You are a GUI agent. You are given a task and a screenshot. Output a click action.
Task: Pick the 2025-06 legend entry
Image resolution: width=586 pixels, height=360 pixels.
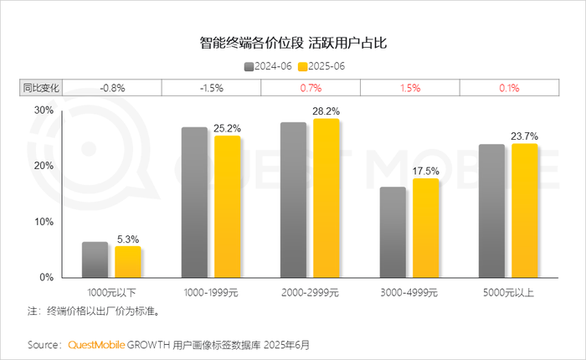[324, 64]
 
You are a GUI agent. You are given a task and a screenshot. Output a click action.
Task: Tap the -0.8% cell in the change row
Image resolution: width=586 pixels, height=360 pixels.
[112, 87]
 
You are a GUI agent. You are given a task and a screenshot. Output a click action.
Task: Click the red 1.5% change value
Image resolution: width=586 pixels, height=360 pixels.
[409, 87]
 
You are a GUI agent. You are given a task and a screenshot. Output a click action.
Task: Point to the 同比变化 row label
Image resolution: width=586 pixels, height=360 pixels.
[41, 87]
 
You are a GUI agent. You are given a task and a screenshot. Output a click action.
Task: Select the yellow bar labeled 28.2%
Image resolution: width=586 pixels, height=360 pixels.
[326, 198]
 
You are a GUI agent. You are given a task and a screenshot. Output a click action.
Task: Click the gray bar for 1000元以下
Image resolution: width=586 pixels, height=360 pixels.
[95, 260]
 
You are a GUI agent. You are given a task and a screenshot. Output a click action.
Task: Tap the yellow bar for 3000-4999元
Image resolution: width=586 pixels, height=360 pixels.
[425, 227]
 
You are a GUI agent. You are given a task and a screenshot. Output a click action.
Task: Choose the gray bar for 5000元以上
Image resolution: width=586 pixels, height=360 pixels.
[491, 210]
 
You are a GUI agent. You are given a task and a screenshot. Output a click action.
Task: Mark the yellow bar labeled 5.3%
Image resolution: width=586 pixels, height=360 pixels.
[128, 261]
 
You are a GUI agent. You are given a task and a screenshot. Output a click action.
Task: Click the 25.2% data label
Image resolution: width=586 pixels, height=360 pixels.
[229, 128]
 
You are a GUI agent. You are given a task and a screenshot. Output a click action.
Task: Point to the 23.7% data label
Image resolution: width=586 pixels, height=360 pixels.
[525, 136]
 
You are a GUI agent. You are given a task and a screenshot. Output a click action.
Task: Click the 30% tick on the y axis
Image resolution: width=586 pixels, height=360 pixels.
[44, 110]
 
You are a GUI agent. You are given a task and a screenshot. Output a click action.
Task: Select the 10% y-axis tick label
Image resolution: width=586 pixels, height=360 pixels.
[44, 222]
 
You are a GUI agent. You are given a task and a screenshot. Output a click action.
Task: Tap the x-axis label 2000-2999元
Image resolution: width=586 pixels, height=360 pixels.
[311, 292]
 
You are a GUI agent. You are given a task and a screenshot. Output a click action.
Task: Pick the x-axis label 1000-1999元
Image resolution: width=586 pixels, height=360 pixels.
[211, 292]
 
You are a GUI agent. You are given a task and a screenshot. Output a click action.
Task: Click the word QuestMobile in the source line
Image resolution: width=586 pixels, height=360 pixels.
[97, 344]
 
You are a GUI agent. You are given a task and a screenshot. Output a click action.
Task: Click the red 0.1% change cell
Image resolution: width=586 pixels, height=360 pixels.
[508, 87]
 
